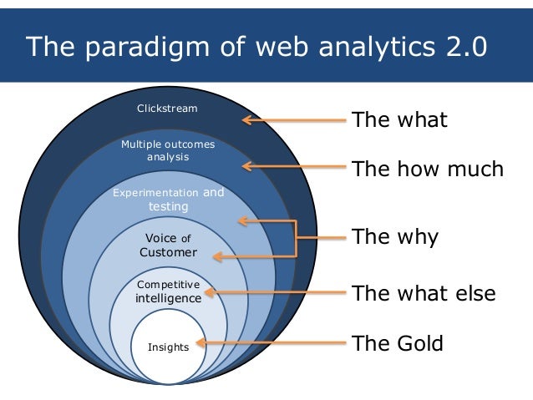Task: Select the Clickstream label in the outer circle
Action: point(167,108)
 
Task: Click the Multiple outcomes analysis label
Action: point(168,150)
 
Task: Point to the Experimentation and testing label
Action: point(168,200)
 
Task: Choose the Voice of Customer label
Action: point(168,245)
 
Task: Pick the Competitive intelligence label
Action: point(169,291)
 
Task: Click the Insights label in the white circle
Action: point(169,347)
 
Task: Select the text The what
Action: point(399,119)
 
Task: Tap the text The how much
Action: point(428,170)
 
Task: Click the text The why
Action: point(394,236)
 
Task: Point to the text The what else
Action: point(424,293)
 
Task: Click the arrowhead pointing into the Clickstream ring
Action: point(247,120)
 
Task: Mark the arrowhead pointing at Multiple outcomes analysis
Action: point(247,166)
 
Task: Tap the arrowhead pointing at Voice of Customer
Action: point(216,256)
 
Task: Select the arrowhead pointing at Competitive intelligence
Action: point(209,293)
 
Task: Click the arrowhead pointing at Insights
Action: point(201,342)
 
